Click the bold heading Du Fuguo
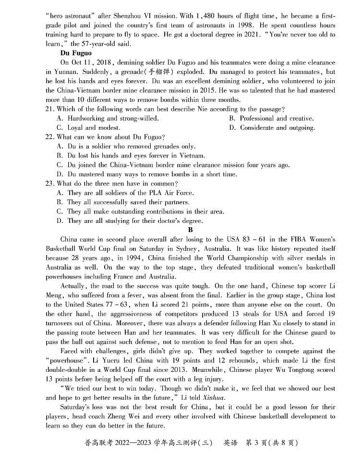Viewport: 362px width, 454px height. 76,53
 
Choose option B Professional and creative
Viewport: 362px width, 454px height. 271,118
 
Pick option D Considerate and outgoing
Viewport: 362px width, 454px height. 272,128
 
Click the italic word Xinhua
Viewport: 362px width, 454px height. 213,397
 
